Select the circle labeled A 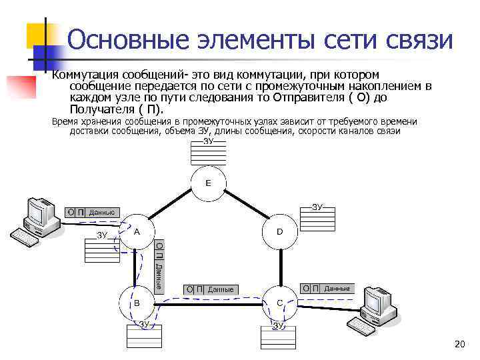(136, 233)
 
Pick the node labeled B (136, 303)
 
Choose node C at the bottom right (280, 303)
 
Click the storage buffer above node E (207, 153)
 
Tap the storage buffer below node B (144, 335)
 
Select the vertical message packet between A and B (159, 265)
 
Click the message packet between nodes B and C (211, 289)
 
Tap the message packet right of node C (325, 289)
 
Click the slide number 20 (458, 344)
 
